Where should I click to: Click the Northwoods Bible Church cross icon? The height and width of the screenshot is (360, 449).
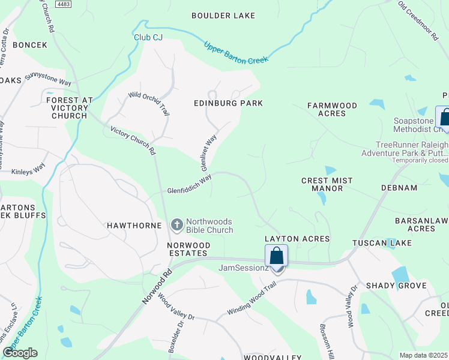pyautogui.click(x=176, y=225)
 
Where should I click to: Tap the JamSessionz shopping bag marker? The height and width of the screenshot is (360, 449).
pyautogui.click(x=276, y=256)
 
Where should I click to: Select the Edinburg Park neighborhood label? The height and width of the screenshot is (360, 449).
pyautogui.click(x=228, y=103)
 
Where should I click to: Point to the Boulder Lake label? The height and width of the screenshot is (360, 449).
pyautogui.click(x=223, y=16)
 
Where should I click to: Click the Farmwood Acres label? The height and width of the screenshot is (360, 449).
pyautogui.click(x=332, y=109)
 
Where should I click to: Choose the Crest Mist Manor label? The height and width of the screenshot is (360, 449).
pyautogui.click(x=322, y=184)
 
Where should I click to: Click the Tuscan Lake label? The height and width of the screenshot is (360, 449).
pyautogui.click(x=373, y=243)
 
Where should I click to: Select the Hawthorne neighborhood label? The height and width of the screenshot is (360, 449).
pyautogui.click(x=134, y=226)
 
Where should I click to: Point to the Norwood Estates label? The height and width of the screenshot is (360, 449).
pyautogui.click(x=188, y=250)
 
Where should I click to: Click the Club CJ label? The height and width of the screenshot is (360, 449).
pyautogui.click(x=148, y=37)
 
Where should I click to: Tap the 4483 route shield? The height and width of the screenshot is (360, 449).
pyautogui.click(x=63, y=4)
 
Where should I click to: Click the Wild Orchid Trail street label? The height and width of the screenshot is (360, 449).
pyautogui.click(x=149, y=103)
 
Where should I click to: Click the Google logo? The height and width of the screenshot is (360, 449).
pyautogui.click(x=20, y=353)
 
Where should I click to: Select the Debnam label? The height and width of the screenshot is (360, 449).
pyautogui.click(x=399, y=188)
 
